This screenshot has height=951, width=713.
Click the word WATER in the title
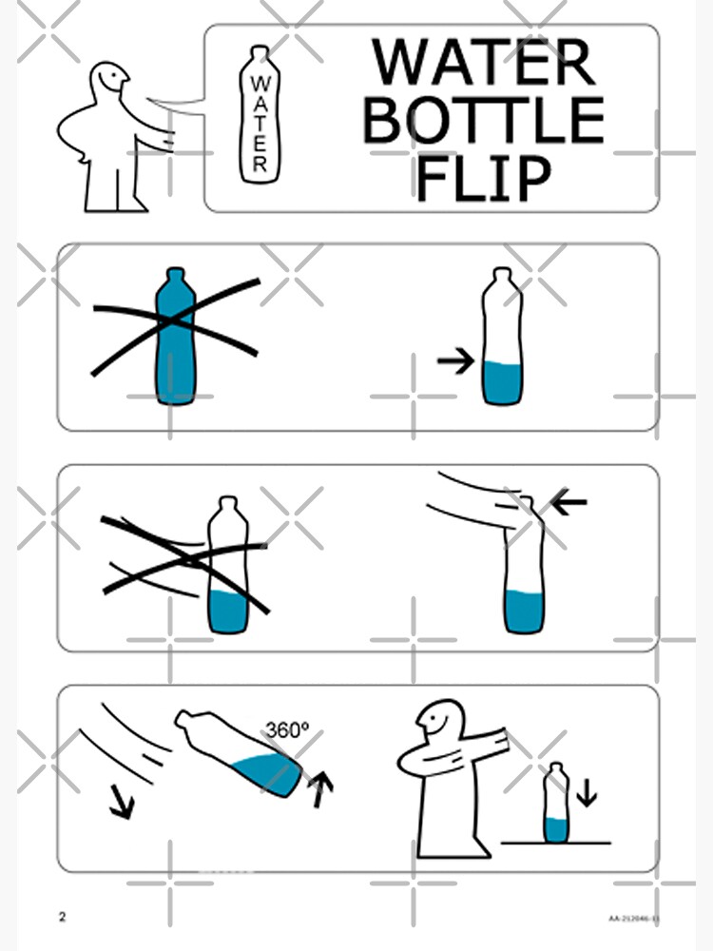(x=483, y=62)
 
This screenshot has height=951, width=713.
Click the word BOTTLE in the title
(x=483, y=120)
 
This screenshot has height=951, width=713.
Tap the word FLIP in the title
(x=483, y=178)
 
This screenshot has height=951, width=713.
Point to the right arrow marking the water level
(x=455, y=360)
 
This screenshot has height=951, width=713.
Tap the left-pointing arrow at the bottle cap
(x=569, y=501)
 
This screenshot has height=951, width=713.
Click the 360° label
(x=287, y=730)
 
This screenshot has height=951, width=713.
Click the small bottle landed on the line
(x=557, y=803)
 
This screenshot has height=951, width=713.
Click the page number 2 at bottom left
(x=63, y=918)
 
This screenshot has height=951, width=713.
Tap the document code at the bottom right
(x=634, y=919)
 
